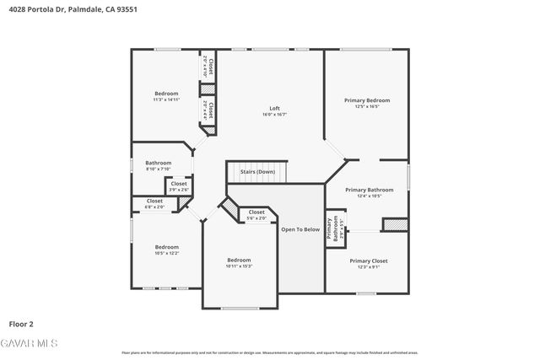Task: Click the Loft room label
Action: pos(274,108)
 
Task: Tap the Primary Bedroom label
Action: pos(367,100)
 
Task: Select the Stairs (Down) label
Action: pos(257,172)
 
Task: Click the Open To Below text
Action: pos(300,228)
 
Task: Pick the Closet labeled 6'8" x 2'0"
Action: pos(154,201)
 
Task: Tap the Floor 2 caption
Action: pos(21,323)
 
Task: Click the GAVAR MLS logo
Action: pos(30,343)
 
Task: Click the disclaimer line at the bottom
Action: pos(270,353)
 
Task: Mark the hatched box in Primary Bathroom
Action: pos(395,224)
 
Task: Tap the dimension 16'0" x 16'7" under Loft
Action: pos(274,114)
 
